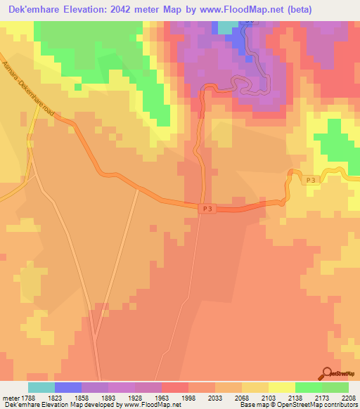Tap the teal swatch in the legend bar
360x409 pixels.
point(41,387)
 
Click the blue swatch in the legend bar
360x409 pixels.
point(68,387)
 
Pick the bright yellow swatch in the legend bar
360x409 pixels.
point(282,387)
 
